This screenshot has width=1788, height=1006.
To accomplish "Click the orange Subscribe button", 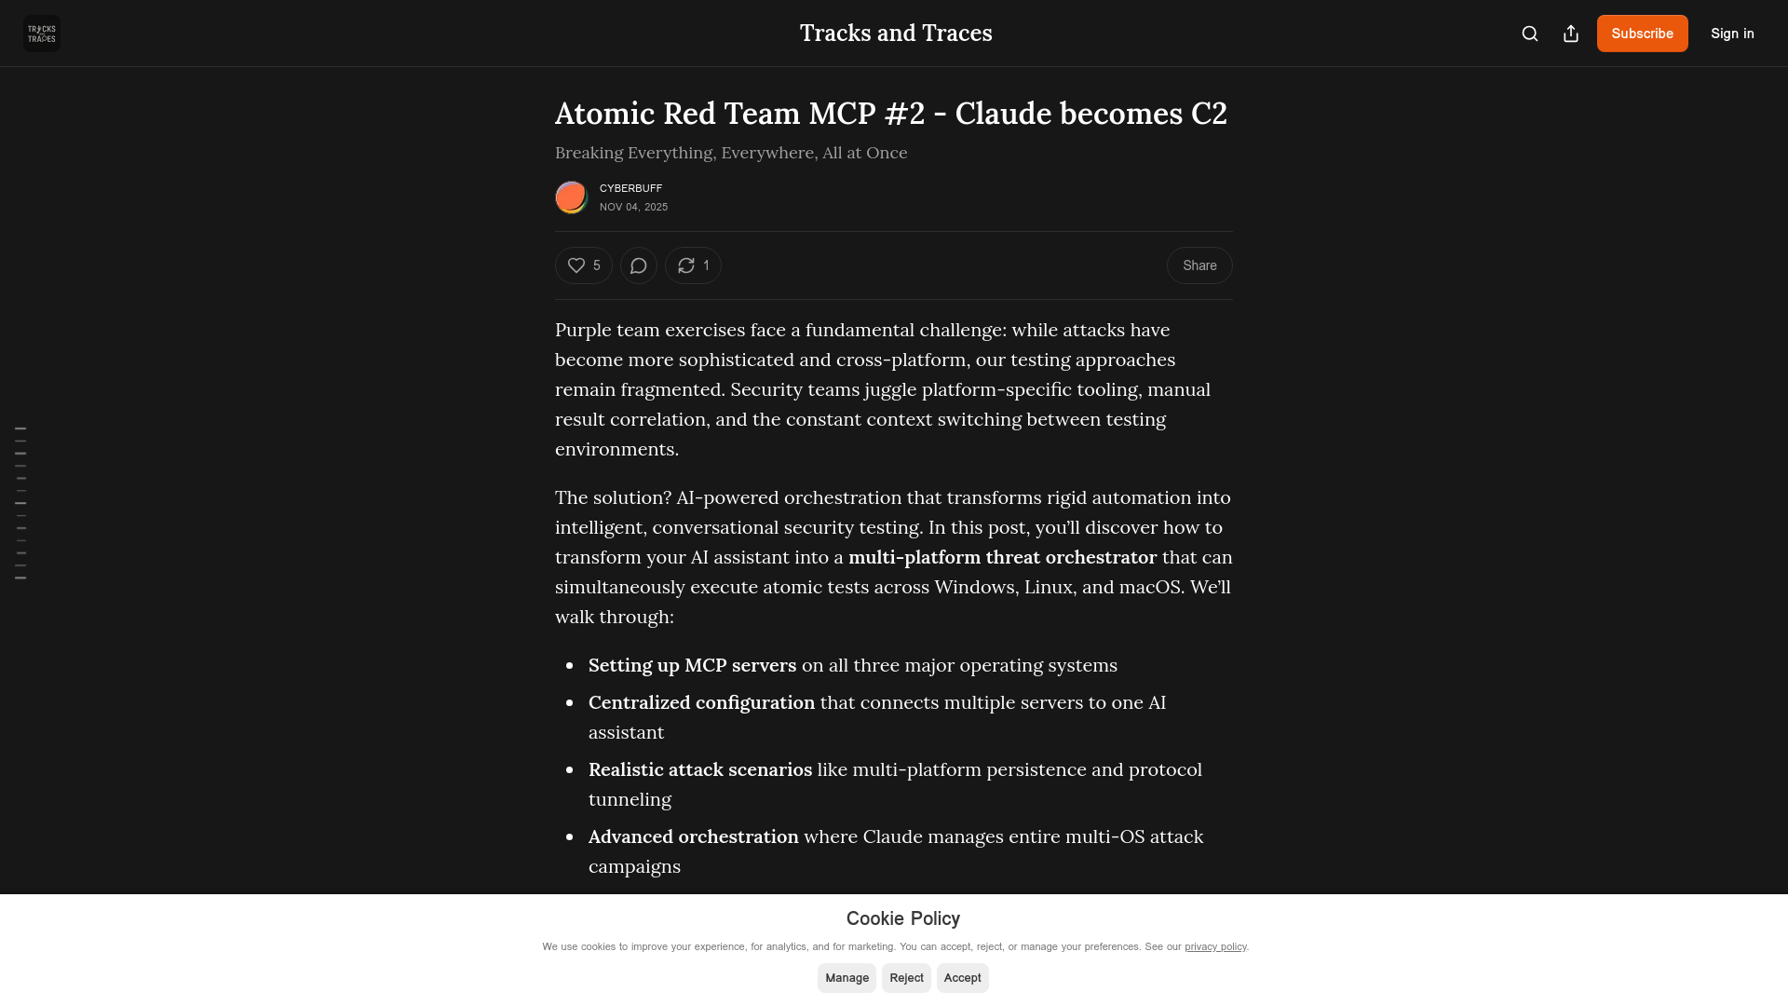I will tap(1642, 34).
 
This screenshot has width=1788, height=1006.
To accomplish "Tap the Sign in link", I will tap(1732, 34).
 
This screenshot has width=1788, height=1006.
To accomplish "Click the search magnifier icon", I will tap(1530, 34).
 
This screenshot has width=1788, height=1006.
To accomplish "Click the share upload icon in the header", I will tap(1571, 34).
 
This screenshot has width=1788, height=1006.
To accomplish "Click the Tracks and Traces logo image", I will tap(42, 34).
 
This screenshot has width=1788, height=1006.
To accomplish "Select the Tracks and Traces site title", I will tap(896, 34).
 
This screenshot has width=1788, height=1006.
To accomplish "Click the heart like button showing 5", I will tap(584, 265).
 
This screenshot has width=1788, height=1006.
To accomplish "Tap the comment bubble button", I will tap(639, 265).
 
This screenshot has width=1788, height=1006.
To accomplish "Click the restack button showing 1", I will tap(693, 265).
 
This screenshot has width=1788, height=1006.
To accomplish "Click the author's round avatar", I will tap(572, 197).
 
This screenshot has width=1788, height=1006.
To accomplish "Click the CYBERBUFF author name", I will tap(630, 188).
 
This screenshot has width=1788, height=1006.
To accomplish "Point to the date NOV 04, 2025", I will tap(633, 207).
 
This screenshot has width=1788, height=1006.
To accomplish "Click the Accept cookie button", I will tap(962, 978).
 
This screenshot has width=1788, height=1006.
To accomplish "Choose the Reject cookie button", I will tap(906, 978).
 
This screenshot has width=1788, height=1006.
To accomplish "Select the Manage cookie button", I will tap(847, 978).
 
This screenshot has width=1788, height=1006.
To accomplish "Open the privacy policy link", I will tap(1215, 946).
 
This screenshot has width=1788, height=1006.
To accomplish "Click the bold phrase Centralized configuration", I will tap(701, 702).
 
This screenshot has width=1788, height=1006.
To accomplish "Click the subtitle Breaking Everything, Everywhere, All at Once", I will tap(731, 153).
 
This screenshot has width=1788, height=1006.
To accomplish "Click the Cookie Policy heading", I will tap(902, 918).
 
